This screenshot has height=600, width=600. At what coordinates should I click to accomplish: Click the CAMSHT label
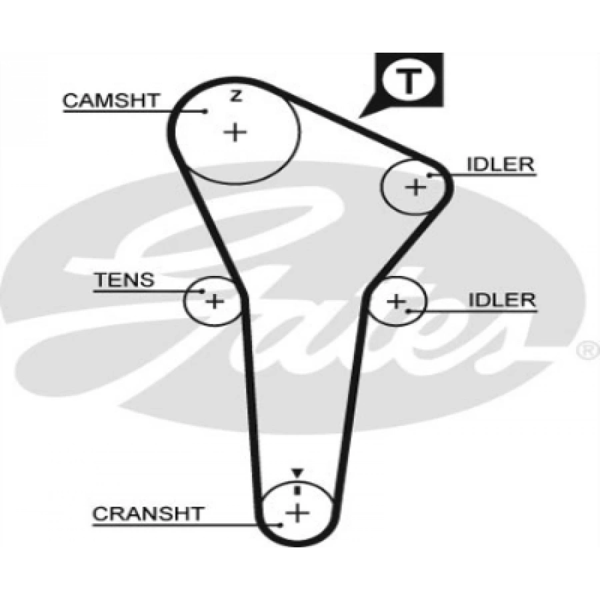[x=111, y=101]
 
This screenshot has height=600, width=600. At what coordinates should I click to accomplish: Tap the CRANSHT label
[x=147, y=514]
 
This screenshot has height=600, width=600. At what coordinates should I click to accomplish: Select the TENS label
[x=123, y=280]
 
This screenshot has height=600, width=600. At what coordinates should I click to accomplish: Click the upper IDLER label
[x=501, y=165]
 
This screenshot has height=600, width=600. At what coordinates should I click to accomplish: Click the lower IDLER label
[x=501, y=300]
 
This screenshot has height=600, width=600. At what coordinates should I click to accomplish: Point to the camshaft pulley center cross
[x=235, y=131]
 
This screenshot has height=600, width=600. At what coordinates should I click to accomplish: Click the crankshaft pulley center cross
[x=297, y=513]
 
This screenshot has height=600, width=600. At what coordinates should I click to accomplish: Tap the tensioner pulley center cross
[x=214, y=301]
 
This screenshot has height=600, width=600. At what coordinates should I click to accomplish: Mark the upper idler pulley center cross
[x=416, y=187]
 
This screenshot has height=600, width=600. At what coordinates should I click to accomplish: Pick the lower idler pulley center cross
[x=397, y=301]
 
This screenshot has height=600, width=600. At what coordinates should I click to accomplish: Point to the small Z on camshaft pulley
[x=235, y=97]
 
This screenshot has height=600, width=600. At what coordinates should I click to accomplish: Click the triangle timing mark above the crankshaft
[x=297, y=473]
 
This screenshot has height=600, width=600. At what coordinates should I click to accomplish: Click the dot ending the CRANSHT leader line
[x=282, y=525]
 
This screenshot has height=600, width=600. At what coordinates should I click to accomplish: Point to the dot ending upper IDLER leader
[x=431, y=175]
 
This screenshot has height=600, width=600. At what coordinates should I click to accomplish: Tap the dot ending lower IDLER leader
[x=407, y=310]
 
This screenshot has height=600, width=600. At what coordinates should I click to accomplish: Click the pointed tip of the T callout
[x=359, y=117]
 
